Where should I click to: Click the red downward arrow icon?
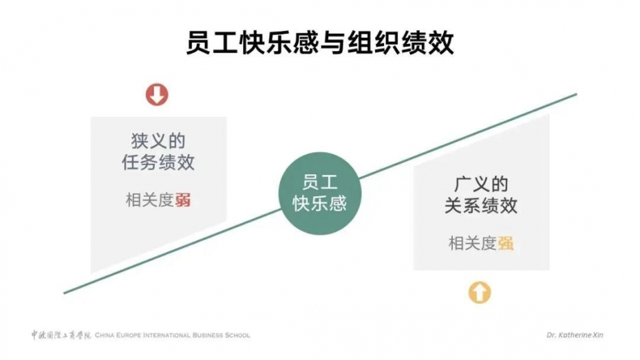coord(157,95)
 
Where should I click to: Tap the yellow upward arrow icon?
coord(480,293)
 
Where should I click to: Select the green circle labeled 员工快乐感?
coord(320,193)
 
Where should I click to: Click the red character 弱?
coord(183,200)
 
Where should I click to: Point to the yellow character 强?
coord(506,244)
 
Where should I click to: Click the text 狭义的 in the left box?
coord(158,141)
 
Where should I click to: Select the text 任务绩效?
coord(158,162)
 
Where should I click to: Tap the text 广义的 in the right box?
coord(481,184)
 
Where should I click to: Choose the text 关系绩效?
coord(481,206)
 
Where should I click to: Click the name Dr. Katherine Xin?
coord(575,335)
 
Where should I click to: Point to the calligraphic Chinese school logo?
coord(62,335)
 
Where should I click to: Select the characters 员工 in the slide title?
coord(212,43)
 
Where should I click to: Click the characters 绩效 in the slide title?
coord(427,43)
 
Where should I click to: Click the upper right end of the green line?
coord(576,94)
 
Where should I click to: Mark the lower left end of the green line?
coord(65,293)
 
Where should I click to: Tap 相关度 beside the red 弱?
coord(150,200)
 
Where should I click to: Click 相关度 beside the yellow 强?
coord(473,244)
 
